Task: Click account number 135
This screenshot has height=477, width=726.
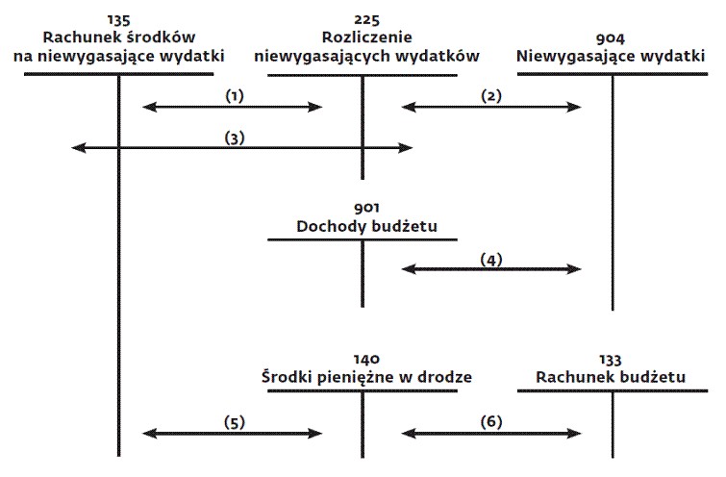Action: click(119, 20)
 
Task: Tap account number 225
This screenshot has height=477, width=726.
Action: click(366, 20)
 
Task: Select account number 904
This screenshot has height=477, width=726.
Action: click(611, 38)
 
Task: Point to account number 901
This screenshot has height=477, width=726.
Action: click(366, 208)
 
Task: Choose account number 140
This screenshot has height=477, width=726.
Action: click(366, 360)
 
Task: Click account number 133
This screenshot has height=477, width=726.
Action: click(611, 360)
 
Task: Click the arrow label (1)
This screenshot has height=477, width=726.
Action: click(235, 96)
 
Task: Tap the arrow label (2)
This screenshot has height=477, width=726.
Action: click(491, 96)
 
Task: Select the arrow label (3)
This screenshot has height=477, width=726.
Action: click(235, 138)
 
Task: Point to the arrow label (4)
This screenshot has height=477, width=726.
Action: click(491, 260)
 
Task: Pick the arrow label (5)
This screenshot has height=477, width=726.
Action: click(235, 422)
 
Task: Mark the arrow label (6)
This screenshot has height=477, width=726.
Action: click(491, 422)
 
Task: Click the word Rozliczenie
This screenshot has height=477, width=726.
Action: click(366, 38)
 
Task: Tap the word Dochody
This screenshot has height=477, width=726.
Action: click(329, 226)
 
